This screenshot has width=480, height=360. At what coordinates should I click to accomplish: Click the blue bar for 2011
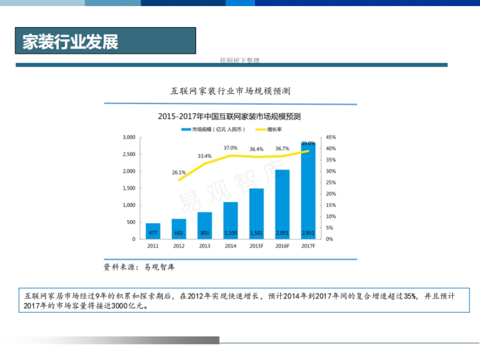(153, 231)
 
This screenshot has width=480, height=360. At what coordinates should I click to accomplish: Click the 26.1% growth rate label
(179, 172)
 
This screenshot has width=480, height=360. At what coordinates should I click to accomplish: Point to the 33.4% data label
(204, 156)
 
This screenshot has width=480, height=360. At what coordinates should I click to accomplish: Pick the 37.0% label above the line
(230, 148)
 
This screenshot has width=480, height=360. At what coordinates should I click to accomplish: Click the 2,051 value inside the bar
(282, 233)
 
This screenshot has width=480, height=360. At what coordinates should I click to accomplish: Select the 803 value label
(204, 233)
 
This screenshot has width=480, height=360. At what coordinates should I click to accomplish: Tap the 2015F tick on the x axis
(256, 246)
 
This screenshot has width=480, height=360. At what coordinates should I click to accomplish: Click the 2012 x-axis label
(179, 246)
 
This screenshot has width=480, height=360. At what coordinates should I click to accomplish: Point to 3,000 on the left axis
(129, 137)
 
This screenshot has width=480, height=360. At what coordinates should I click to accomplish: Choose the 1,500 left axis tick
(129, 188)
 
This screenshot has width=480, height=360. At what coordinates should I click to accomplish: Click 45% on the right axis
(331, 137)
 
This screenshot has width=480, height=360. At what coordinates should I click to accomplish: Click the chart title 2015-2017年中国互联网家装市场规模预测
(229, 117)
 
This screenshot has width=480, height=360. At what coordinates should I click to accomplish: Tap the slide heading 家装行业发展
(70, 41)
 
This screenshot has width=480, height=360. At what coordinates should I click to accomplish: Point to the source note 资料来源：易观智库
(139, 267)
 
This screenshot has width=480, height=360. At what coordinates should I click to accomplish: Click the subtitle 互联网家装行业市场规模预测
(230, 91)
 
